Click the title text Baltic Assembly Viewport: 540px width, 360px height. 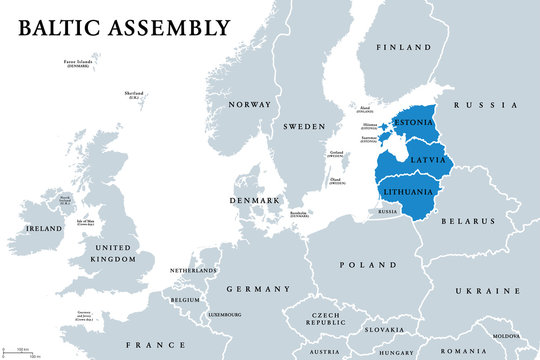pos(123,27)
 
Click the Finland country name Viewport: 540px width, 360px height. pos(403,47)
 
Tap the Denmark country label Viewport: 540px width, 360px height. pos(256,201)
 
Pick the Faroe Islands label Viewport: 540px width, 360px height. pos(76,64)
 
